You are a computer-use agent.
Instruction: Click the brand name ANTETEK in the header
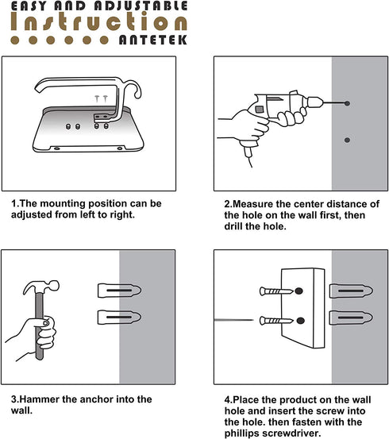point(152,40)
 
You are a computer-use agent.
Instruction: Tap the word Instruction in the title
point(98,21)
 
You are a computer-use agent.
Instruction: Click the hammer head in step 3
point(41,287)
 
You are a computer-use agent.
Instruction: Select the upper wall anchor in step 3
point(119,291)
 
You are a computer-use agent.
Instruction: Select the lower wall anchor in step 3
point(119,318)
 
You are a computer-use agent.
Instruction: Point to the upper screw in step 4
point(276,291)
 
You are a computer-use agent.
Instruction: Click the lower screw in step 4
point(276,321)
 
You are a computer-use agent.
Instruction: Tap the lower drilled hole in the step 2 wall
point(347,140)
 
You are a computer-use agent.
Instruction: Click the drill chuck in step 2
point(315,102)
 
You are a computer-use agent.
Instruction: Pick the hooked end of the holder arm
point(135,88)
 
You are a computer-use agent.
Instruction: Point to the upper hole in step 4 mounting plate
point(299,291)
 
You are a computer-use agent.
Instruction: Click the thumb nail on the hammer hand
point(45,323)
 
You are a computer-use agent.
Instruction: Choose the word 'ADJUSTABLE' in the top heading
point(141,6)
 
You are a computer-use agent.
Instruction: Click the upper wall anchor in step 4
point(351,291)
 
